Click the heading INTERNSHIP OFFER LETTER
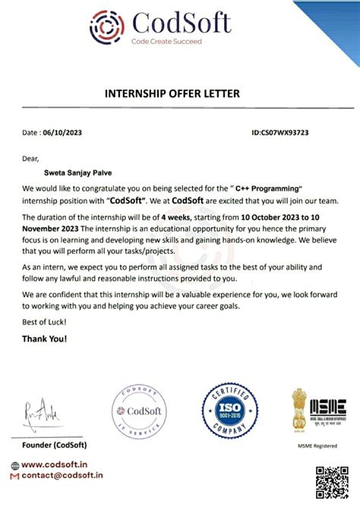tap(171, 93)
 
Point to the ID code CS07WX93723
tap(286, 132)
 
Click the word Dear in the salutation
tap(30, 159)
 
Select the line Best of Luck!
tap(44, 324)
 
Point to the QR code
tap(331, 482)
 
